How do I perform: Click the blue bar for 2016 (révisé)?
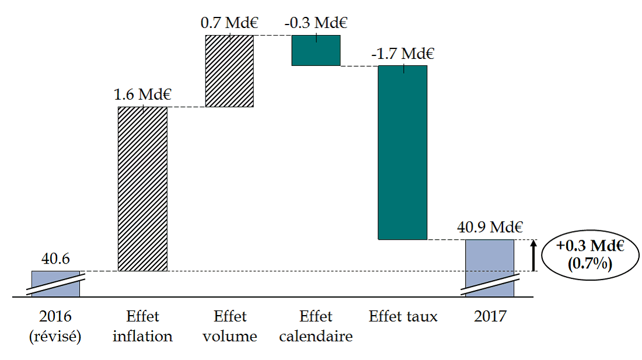pos(55,284)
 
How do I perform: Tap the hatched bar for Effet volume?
pos(229,71)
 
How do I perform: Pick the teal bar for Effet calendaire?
pos(316,50)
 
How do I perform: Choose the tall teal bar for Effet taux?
pos(403,152)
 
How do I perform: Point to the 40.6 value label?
pos(55,258)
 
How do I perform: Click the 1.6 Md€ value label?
pos(142,95)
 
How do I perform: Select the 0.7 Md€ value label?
pos(229,23)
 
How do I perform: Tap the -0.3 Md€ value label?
pos(316,23)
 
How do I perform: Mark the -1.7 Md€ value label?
pos(403,54)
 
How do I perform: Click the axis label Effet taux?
pos(403,317)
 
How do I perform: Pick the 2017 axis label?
pos(490,317)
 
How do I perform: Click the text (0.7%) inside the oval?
pos(589,264)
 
